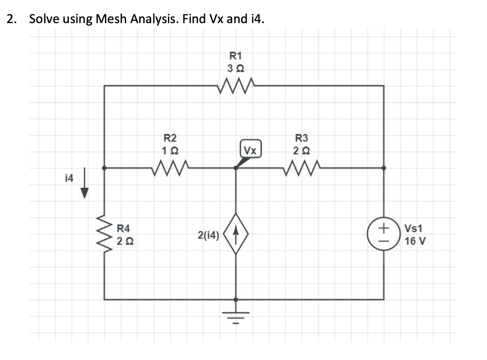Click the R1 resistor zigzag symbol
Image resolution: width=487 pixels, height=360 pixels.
236,86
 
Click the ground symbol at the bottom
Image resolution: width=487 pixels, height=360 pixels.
236,314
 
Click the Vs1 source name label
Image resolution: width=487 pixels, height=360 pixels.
414,229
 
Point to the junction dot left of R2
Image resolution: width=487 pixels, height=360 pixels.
104,167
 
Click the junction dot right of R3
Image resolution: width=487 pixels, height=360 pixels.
384,167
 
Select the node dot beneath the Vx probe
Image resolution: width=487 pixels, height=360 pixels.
236,167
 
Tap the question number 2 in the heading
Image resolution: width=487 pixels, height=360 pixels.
11,19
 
